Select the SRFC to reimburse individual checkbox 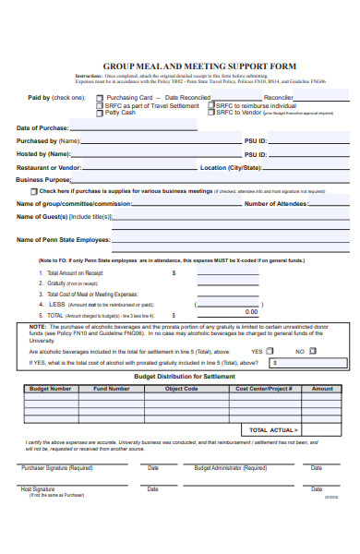pos(211,104)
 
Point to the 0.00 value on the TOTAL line pos(250,312)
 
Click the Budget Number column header pos(51,389)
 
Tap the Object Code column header pos(181,389)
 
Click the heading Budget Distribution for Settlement pos(185,376)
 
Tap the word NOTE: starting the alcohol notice pos(39,326)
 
